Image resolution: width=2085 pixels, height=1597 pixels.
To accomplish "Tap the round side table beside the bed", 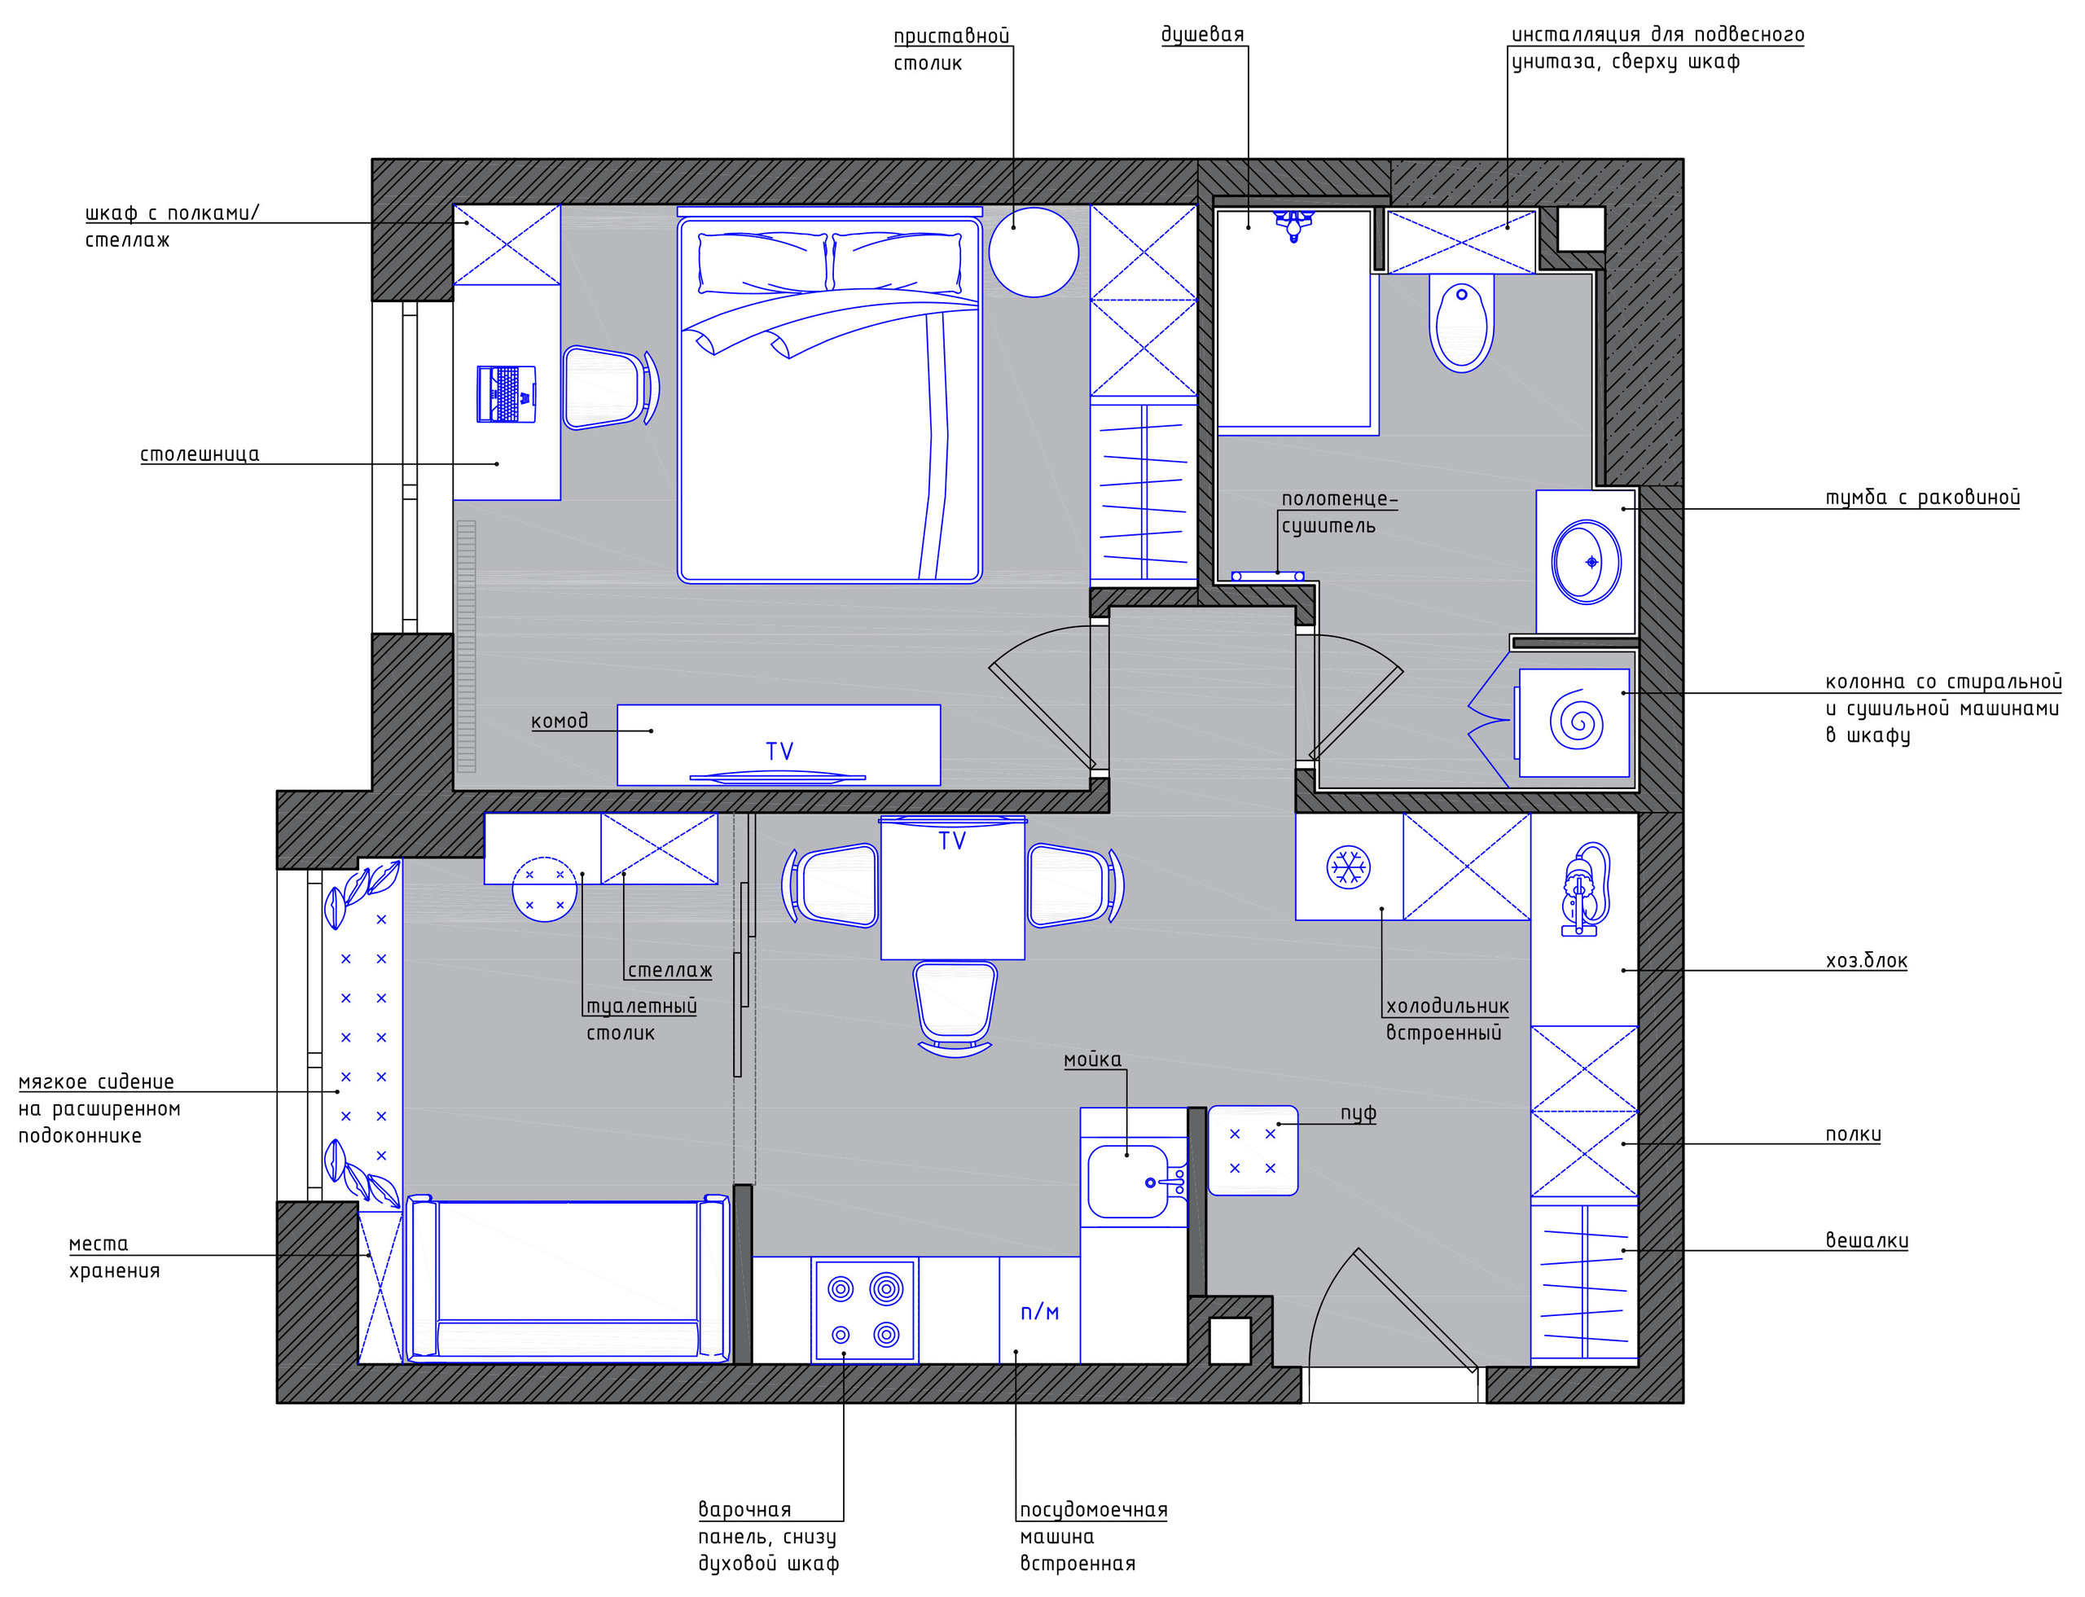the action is [x=1034, y=252].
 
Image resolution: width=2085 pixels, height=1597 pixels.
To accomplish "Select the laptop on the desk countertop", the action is [x=506, y=393].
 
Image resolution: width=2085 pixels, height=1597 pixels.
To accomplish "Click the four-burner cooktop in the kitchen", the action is [x=864, y=1312].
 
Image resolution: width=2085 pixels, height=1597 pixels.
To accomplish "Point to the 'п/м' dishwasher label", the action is [x=1039, y=1312].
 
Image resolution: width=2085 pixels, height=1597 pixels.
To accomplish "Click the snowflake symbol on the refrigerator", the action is [x=1348, y=867].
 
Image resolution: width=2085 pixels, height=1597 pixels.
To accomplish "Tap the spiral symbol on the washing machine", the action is [x=1576, y=721].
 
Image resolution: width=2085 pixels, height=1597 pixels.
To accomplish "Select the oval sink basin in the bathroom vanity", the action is [x=1586, y=562].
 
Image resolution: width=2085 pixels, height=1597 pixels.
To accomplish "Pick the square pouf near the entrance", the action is [x=1252, y=1150].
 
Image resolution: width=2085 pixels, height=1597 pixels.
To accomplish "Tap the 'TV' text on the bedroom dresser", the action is [x=779, y=752].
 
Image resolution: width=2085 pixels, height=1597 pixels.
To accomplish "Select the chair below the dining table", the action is [x=955, y=1008].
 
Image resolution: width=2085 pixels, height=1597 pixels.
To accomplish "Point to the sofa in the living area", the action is [x=568, y=1279].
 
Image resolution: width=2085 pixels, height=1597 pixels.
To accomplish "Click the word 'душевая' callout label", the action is [x=1203, y=35].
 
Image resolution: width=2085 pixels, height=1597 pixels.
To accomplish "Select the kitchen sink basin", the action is [x=1127, y=1182].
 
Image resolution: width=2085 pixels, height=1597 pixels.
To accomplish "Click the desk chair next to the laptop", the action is [x=610, y=388].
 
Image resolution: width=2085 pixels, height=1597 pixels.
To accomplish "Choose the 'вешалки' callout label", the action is [x=1867, y=1240].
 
